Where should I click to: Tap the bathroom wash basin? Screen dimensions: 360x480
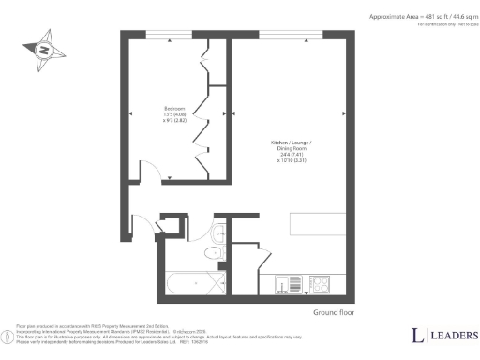pos(217,233)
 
